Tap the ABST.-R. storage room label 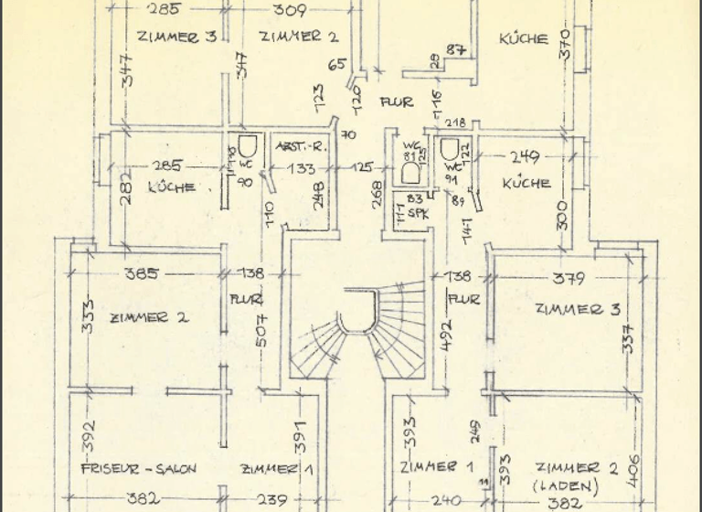pyautogui.click(x=296, y=146)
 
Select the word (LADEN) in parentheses pyautogui.click(x=564, y=485)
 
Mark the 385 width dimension pyautogui.click(x=142, y=272)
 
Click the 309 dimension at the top pyautogui.click(x=288, y=10)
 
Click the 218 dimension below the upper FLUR pyautogui.click(x=454, y=123)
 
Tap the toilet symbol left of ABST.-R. pyautogui.click(x=244, y=147)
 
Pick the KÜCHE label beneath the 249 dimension pyautogui.click(x=526, y=183)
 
